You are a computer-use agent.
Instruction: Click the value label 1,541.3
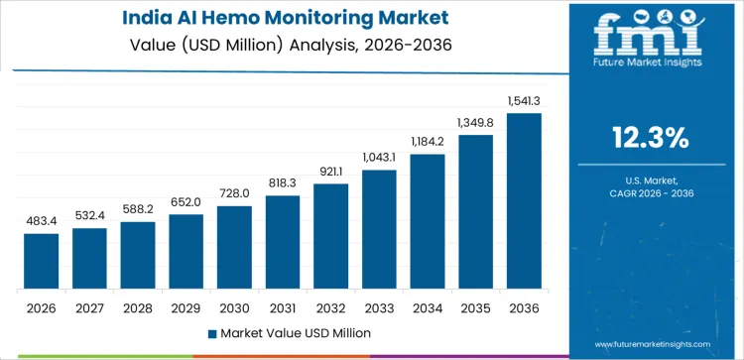coord(524,101)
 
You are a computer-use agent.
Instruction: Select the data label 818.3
coord(283,183)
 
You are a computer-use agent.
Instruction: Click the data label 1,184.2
coord(428,142)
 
